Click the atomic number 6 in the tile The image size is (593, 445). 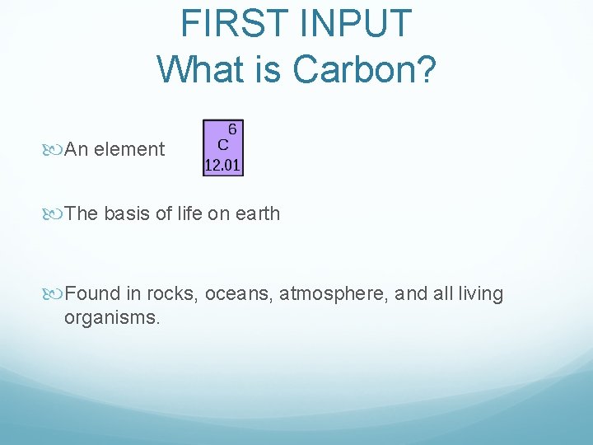pos(232,129)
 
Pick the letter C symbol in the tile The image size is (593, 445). pos(222,143)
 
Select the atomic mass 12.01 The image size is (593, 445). pos(222,166)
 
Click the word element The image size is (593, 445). pos(129,149)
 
